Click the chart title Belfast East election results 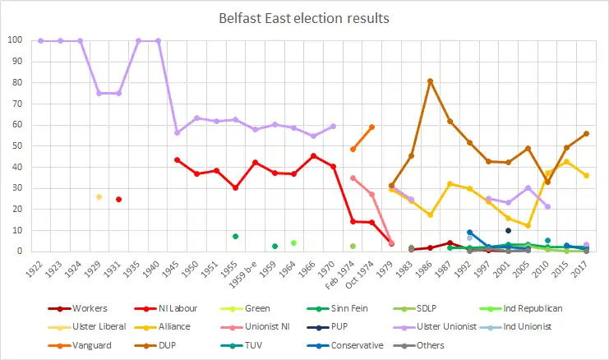(x=304, y=17)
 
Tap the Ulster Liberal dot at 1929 (x=99, y=197)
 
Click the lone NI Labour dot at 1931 (x=119, y=199)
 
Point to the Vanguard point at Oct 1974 (x=372, y=127)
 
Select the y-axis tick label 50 (x=16, y=146)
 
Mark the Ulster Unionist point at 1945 (x=178, y=132)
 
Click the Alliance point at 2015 (x=565, y=161)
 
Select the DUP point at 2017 (x=586, y=133)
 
